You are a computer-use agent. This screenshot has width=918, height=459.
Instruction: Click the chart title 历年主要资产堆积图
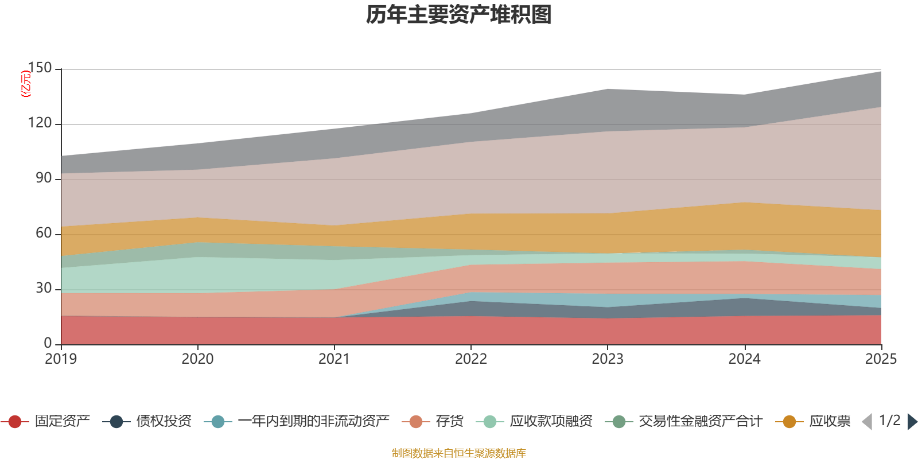(x=459, y=15)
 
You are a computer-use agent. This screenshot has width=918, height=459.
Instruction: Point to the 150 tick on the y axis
(x=40, y=68)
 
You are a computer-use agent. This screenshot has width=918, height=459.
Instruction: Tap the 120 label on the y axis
(x=40, y=123)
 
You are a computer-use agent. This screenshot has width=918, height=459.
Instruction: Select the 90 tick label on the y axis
(x=44, y=178)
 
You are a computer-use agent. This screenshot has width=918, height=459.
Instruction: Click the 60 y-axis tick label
(x=44, y=234)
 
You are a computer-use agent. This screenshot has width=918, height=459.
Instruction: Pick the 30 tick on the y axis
(x=44, y=289)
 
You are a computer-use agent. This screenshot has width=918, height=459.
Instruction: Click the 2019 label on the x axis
(x=61, y=359)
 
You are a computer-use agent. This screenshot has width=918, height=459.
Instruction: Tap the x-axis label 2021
(x=334, y=359)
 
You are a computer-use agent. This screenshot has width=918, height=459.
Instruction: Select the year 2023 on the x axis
(x=608, y=359)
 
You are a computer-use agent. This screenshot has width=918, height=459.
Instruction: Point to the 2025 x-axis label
(x=880, y=359)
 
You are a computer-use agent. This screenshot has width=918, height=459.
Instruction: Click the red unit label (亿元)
(x=26, y=84)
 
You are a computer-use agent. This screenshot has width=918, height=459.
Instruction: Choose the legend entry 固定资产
(x=62, y=422)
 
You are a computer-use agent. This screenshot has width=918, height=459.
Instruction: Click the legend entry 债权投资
(x=164, y=422)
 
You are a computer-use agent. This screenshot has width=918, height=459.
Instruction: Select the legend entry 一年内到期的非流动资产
(x=313, y=422)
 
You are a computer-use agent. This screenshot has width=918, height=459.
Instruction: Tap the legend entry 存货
(x=449, y=422)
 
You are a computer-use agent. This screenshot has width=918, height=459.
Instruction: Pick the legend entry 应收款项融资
(x=551, y=422)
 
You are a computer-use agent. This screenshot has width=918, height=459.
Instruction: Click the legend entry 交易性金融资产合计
(x=700, y=422)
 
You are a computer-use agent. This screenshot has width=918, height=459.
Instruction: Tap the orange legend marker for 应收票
(x=789, y=422)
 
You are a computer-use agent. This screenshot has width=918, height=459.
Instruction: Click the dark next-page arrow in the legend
(x=912, y=422)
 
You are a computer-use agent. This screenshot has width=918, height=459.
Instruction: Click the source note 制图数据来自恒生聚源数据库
(x=459, y=453)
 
